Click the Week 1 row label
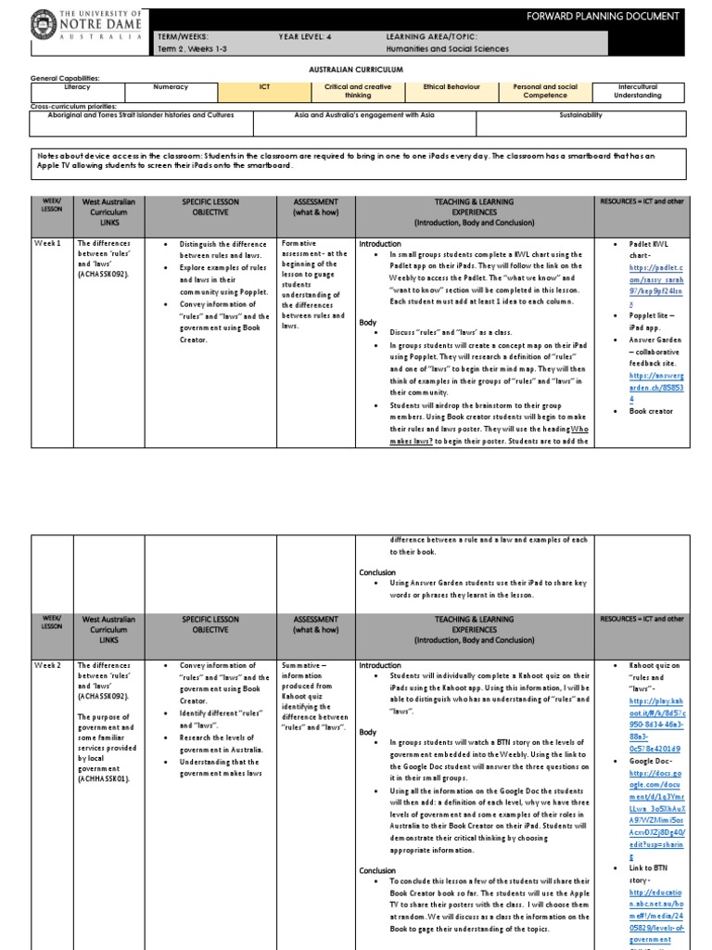click(47, 244)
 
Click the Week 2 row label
click(47, 666)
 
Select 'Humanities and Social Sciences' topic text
click(448, 49)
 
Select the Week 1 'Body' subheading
click(368, 322)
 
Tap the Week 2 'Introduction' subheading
click(380, 666)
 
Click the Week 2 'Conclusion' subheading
click(377, 870)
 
